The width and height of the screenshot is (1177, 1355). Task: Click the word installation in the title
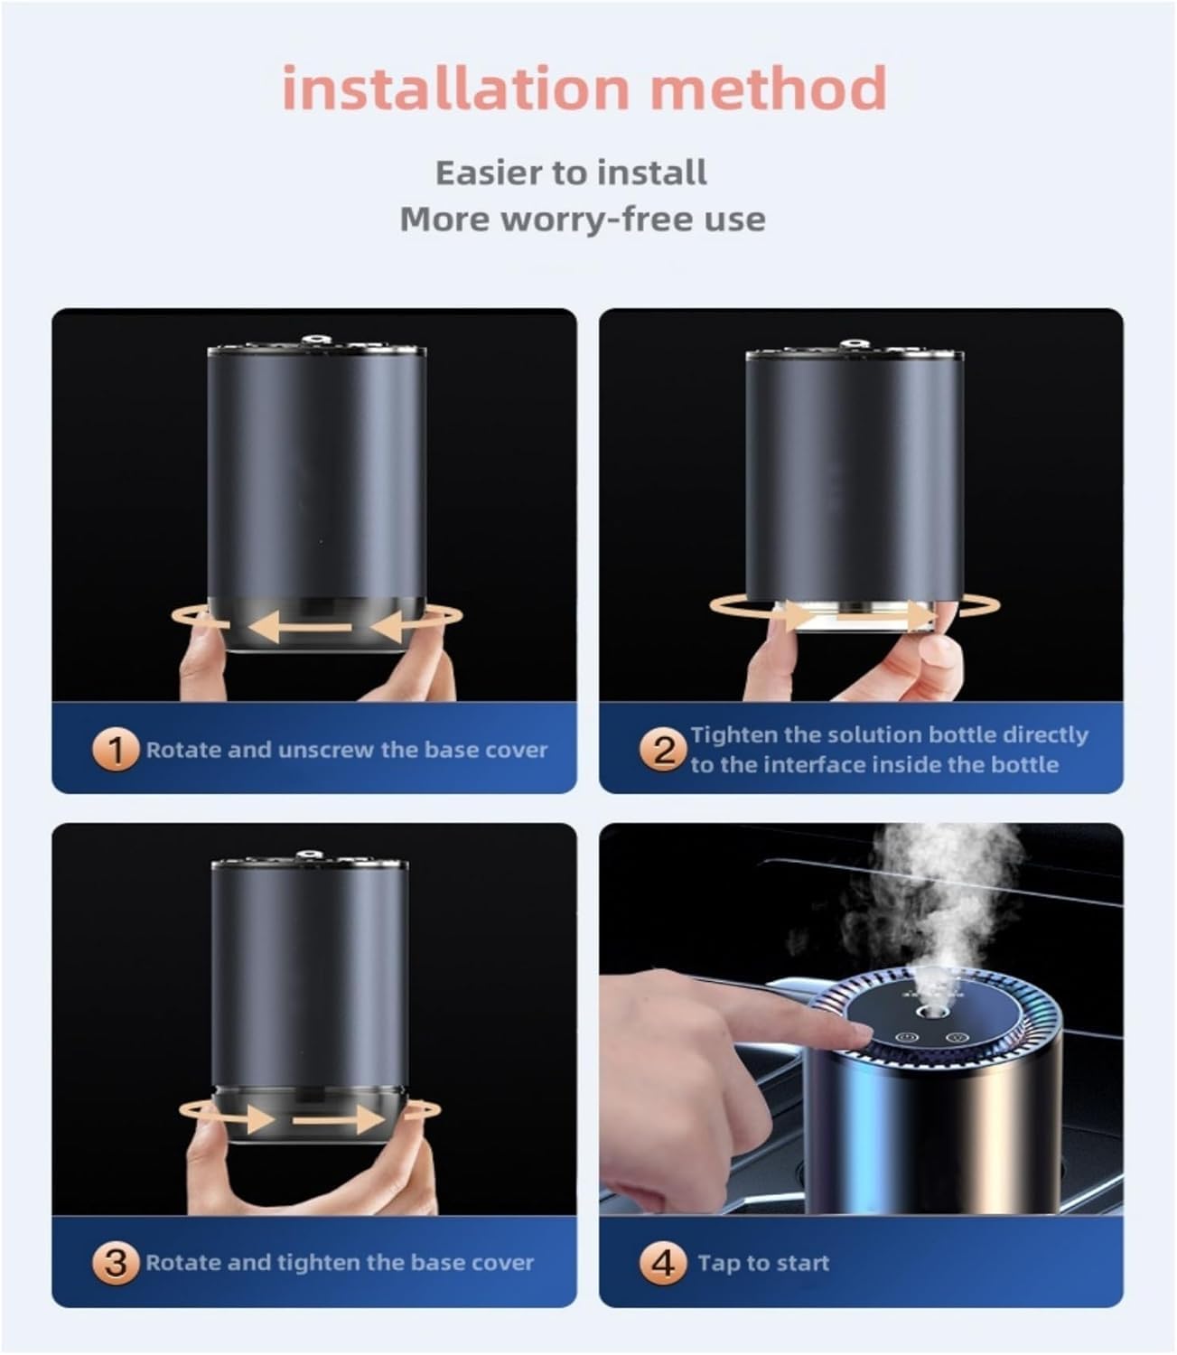[x=454, y=89]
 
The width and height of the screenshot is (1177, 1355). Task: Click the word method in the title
[x=768, y=89]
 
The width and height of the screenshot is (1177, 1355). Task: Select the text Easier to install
[x=571, y=173]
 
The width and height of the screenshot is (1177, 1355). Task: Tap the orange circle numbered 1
[x=116, y=750]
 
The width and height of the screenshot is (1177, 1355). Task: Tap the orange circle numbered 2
[x=664, y=750]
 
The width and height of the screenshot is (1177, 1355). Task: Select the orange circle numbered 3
[x=116, y=1262]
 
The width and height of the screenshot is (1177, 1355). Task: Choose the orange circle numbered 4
[x=664, y=1262]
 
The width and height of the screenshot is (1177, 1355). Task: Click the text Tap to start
[x=763, y=1263]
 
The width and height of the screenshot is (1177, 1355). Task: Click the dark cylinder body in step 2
[x=854, y=479]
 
